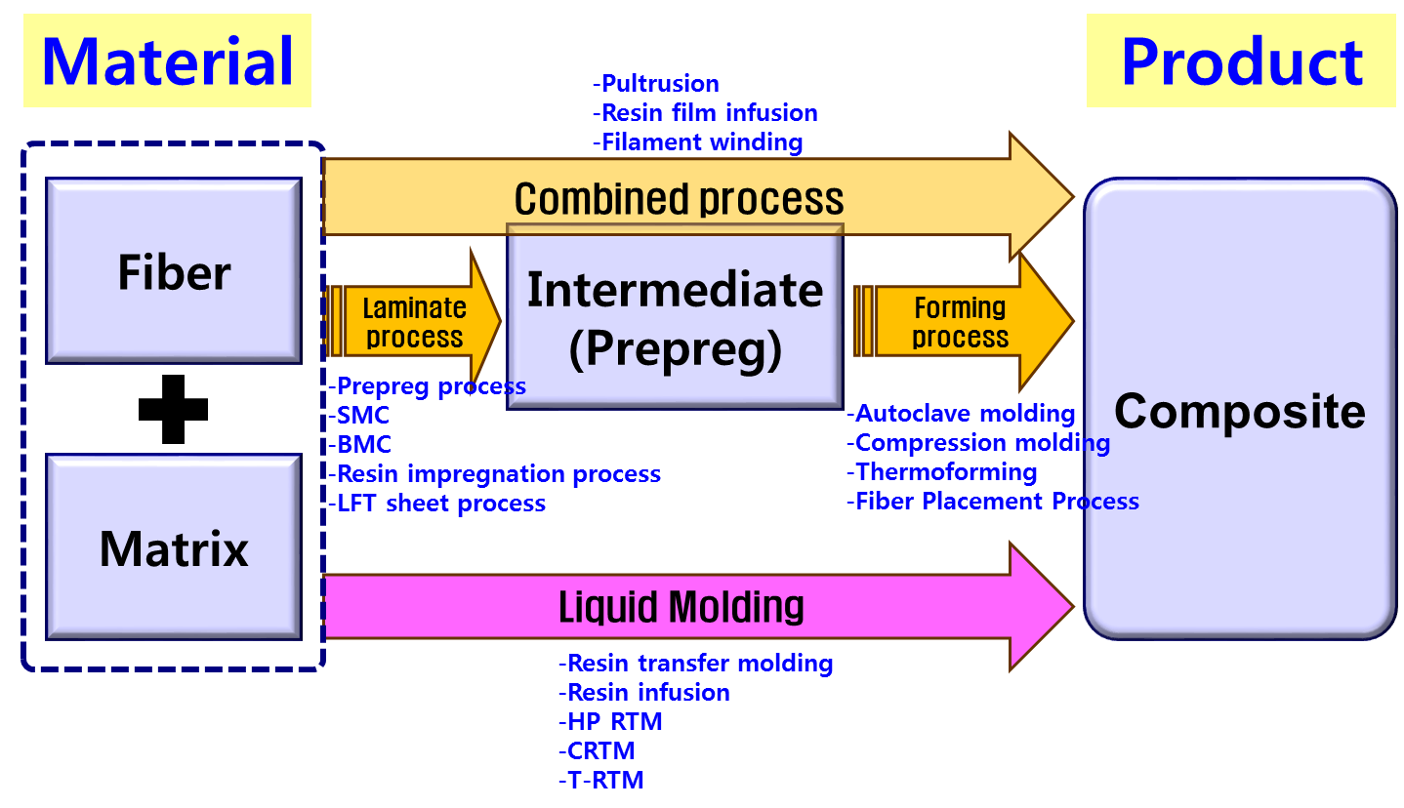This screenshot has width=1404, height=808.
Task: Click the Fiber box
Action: point(174,271)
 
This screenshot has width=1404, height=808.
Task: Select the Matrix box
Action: point(174,547)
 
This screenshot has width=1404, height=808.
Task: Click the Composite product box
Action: point(1239,410)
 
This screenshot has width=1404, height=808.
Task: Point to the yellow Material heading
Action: point(167,61)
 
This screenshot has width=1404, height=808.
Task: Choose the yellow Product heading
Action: point(1241,61)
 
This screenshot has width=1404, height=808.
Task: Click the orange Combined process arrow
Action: point(679,198)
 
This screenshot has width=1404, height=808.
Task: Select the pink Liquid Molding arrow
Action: point(681,606)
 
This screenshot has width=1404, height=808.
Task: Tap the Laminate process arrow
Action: point(413,322)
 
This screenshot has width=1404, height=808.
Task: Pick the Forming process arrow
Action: point(960,322)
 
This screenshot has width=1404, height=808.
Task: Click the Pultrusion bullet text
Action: point(656,83)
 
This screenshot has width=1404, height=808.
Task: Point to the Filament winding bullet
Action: point(698,142)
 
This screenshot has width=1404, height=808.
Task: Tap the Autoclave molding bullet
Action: point(961,414)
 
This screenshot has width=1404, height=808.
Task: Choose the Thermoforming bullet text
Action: point(941,472)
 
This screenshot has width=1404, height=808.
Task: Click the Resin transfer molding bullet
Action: point(696,664)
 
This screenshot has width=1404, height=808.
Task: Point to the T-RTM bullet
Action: point(601,781)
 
